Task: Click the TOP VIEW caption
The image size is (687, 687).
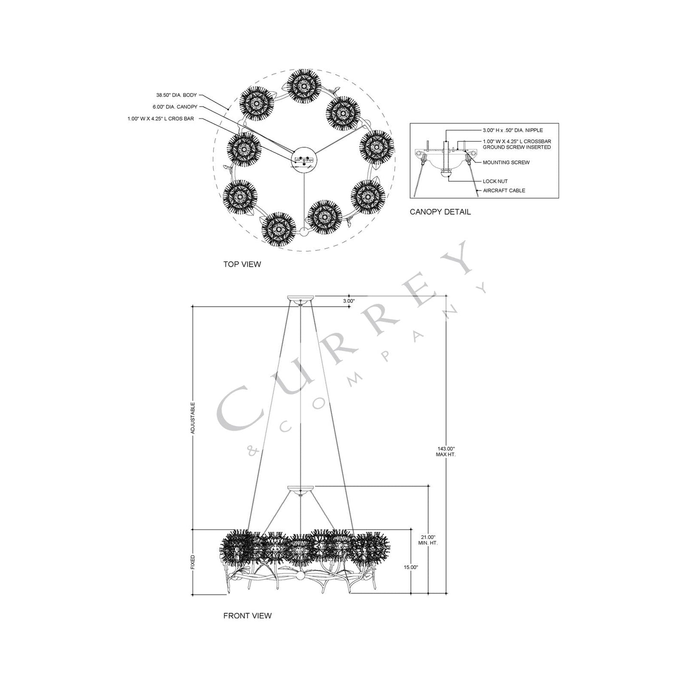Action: pos(242,264)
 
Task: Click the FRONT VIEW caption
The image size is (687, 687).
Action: pos(247,616)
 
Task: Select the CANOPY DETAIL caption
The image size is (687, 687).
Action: pos(440,212)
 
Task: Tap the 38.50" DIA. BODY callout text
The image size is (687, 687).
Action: pos(176,96)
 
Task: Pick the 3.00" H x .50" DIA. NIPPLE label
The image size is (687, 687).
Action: pos(513,130)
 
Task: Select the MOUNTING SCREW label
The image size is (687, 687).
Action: pos(506,163)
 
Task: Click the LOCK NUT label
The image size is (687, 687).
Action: pos(495,181)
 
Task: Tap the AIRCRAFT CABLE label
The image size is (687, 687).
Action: pos(504,191)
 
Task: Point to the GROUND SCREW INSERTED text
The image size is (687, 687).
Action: pos(517,147)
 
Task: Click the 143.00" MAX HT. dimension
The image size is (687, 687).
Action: pos(445,451)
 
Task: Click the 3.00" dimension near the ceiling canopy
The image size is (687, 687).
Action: pos(349,301)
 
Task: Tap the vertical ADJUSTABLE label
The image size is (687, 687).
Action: pos(193,418)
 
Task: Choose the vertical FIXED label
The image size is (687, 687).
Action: pos(193,561)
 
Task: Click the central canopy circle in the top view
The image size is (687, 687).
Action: pos(303,160)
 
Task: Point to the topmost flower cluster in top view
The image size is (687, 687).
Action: pos(302,86)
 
